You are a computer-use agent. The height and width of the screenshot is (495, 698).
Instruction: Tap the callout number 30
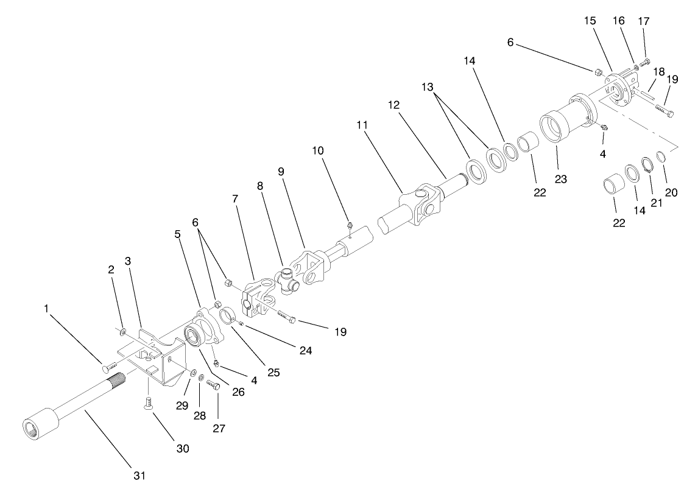tap(183, 449)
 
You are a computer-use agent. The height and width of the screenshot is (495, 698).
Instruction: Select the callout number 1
tap(46, 309)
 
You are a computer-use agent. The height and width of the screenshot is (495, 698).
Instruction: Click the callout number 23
tap(560, 180)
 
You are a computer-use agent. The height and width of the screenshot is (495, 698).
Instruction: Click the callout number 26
tap(238, 393)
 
